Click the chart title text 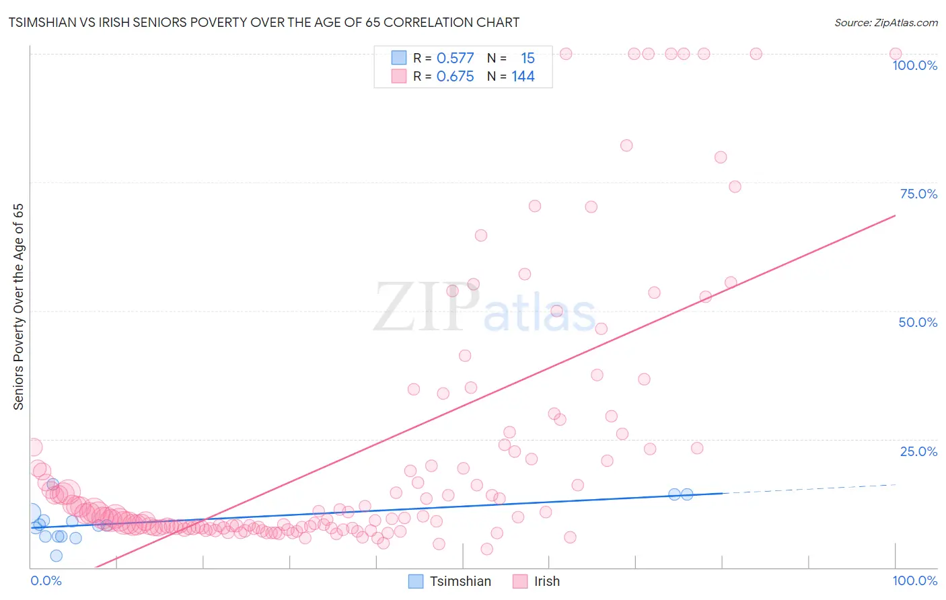264,22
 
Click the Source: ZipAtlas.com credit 885,22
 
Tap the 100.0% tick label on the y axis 914,65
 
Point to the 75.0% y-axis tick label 918,194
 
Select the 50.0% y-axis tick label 918,322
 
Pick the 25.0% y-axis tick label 918,451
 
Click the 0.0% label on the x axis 46,580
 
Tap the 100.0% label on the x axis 914,580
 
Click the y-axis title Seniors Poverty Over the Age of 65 18,307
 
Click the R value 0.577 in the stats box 455,59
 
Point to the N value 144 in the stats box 523,77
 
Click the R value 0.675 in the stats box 455,77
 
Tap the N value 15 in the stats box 527,59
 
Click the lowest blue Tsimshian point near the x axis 57,556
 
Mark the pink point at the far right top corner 896,54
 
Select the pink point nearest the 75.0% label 735,186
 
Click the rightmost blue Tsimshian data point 687,494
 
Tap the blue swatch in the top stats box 399,58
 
